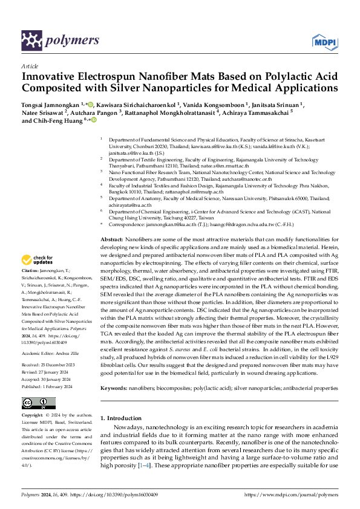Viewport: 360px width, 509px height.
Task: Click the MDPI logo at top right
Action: (x=324, y=41)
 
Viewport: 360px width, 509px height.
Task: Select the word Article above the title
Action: (x=30, y=66)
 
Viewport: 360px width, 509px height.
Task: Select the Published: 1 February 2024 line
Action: (x=46, y=368)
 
